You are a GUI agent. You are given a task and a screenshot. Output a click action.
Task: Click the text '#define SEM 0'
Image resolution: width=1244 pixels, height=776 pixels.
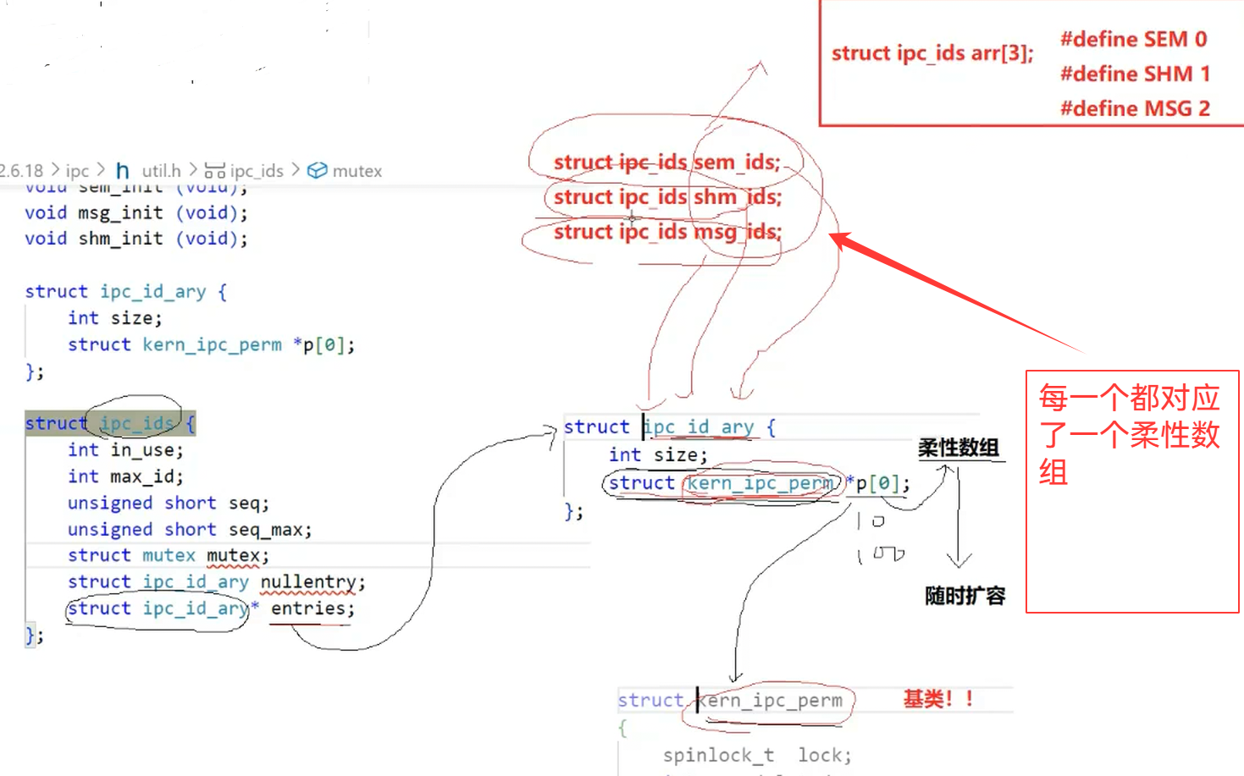(x=1133, y=39)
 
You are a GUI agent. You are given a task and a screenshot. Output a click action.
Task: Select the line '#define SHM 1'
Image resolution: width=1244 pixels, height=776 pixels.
(x=1135, y=74)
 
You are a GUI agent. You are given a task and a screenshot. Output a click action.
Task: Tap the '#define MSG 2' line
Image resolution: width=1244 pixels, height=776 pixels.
(x=1135, y=108)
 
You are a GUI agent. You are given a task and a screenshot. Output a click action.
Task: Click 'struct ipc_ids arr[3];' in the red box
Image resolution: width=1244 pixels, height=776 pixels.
(x=932, y=53)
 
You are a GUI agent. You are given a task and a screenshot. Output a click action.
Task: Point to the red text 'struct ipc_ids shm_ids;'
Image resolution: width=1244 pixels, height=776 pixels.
(x=667, y=197)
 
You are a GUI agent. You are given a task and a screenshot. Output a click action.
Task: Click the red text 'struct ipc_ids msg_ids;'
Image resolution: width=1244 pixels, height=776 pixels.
(x=667, y=232)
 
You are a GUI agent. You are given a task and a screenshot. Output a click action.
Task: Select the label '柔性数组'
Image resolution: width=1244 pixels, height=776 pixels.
(x=959, y=448)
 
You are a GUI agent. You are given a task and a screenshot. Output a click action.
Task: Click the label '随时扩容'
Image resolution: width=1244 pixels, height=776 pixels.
(x=965, y=596)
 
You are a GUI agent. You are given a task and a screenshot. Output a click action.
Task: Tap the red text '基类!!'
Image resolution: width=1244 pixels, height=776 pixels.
(x=937, y=699)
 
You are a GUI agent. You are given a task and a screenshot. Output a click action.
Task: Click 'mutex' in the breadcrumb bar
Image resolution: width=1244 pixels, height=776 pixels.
(x=357, y=171)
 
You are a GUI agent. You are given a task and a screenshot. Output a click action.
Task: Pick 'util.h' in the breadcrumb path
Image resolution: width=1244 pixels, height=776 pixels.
(x=161, y=171)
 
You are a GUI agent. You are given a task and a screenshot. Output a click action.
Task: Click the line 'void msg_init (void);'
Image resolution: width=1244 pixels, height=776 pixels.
(x=136, y=213)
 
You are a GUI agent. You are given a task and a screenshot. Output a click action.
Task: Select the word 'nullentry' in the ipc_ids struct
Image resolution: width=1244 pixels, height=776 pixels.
(x=308, y=582)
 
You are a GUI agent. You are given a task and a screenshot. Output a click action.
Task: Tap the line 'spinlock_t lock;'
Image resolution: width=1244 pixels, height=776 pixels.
(x=756, y=755)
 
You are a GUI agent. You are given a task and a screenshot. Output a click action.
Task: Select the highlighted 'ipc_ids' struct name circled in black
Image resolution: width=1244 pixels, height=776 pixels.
(x=136, y=423)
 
